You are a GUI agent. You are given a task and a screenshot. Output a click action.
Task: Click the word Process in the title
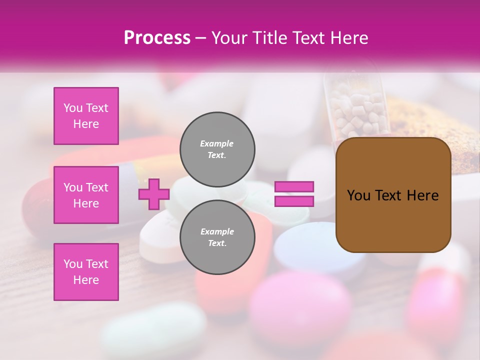157,38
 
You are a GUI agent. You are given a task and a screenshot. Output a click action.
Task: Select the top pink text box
86,116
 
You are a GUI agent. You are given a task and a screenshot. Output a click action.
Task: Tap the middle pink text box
86,195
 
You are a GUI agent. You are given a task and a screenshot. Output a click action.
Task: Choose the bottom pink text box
86,272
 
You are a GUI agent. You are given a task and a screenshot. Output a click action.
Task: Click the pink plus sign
154,194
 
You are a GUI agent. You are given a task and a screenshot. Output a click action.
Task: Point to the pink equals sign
294,194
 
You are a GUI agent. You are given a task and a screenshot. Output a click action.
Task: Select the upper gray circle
217,149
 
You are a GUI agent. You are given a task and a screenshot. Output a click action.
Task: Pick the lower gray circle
217,237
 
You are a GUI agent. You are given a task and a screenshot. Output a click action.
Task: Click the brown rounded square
393,195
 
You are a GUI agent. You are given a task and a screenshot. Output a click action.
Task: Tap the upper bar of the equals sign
294,187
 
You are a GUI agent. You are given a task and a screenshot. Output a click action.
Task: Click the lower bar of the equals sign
294,201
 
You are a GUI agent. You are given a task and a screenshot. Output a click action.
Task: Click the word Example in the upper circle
216,143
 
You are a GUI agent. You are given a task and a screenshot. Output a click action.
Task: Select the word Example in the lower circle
217,231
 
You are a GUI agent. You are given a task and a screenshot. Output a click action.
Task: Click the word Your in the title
229,38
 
